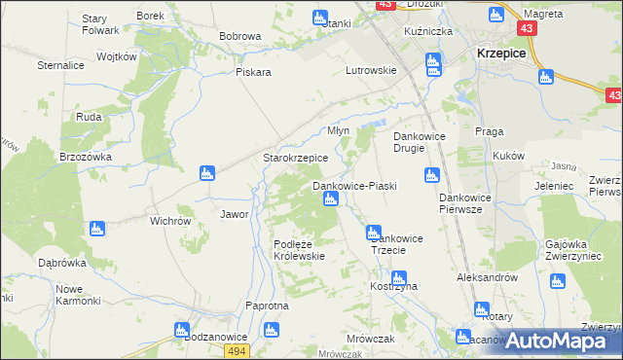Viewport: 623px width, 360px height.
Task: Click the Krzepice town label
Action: click(x=500, y=55)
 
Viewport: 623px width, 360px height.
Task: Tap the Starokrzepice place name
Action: click(x=295, y=158)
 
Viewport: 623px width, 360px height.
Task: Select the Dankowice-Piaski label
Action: click(x=353, y=185)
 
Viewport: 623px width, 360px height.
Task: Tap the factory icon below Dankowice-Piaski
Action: click(x=330, y=199)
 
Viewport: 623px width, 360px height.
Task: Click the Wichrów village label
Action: click(x=169, y=221)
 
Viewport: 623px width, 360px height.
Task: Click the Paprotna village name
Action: click(x=268, y=306)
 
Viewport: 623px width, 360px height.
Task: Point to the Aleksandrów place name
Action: click(x=486, y=277)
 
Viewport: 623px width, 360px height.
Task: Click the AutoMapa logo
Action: click(x=560, y=340)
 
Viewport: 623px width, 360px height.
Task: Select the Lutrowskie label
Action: click(x=371, y=70)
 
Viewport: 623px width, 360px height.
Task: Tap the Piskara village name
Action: click(x=252, y=72)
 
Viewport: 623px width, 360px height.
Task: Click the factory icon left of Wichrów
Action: click(x=95, y=230)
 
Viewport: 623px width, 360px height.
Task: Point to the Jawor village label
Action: click(x=235, y=214)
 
